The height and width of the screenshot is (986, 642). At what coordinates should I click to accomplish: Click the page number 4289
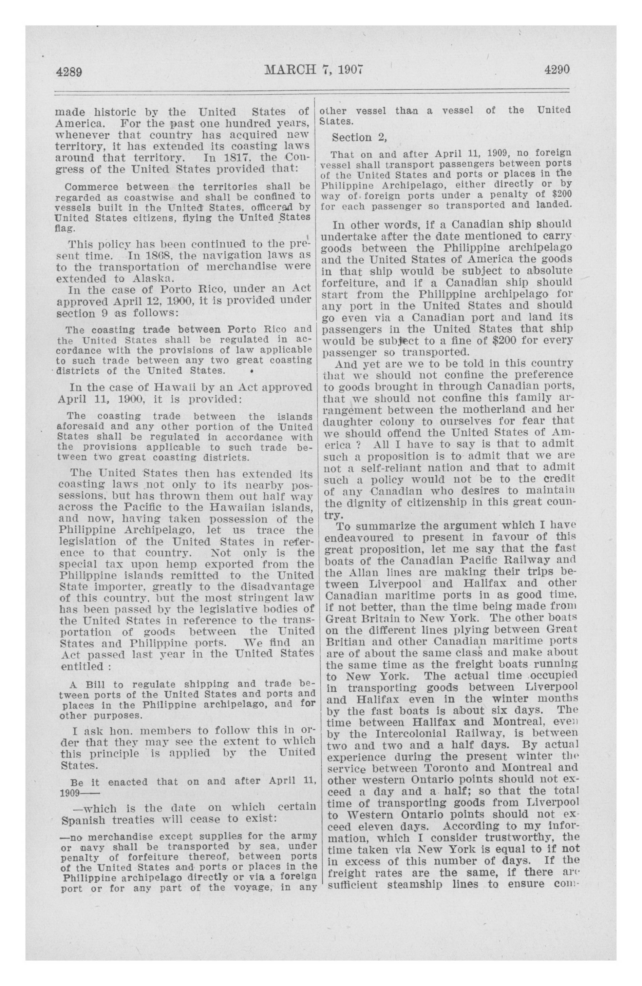(69, 72)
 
